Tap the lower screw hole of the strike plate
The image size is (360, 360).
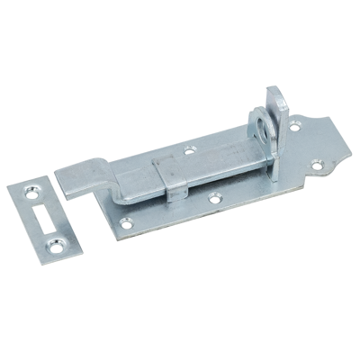[60, 242]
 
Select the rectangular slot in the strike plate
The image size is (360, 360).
[44, 216]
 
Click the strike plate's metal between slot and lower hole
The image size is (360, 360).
[53, 231]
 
